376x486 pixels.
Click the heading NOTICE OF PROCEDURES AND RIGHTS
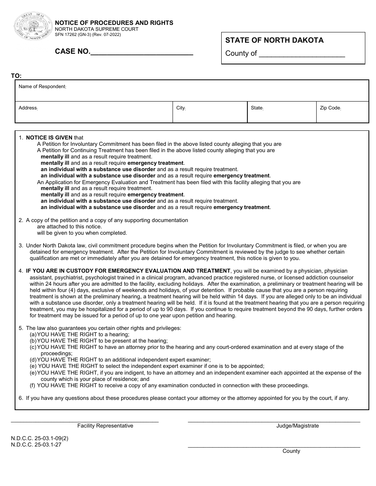click(x=114, y=23)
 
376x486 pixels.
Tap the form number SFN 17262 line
click(x=88, y=35)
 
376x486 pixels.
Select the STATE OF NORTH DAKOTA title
click(x=274, y=40)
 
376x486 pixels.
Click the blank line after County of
click(x=302, y=54)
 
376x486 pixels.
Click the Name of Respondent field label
click(x=42, y=87)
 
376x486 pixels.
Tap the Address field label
click(x=28, y=108)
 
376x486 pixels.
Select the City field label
click(x=181, y=108)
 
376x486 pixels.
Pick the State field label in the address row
click(x=257, y=108)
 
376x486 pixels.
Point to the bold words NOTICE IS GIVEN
click(x=49, y=138)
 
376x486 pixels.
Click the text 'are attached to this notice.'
click(x=69, y=226)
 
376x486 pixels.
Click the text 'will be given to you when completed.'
click(x=82, y=233)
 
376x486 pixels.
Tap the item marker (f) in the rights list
click(x=33, y=385)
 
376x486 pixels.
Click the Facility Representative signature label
click(x=105, y=426)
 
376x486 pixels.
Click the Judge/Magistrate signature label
click(x=297, y=426)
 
